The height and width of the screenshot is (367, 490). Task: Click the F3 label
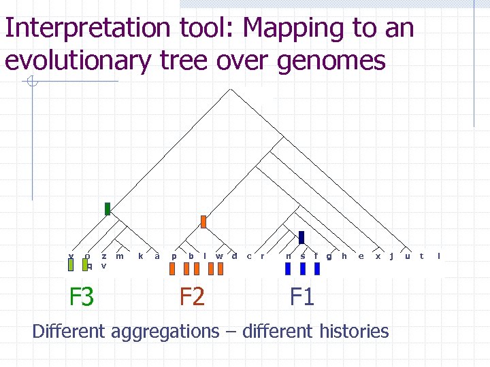point(81,297)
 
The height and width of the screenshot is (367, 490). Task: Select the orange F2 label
point(192,297)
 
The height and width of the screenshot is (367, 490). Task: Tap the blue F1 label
point(302,297)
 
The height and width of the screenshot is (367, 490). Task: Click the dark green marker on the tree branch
point(108,209)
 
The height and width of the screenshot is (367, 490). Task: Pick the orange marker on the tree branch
point(203,222)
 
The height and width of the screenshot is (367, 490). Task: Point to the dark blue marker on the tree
point(301,237)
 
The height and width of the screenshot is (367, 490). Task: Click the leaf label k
point(140,256)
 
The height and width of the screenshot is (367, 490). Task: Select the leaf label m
point(120,256)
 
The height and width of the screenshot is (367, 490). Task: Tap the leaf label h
point(344,256)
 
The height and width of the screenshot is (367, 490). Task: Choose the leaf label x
point(378,256)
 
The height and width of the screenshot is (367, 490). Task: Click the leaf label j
point(391,256)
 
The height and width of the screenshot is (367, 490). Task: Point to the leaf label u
point(407,256)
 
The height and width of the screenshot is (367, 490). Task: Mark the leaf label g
point(329,256)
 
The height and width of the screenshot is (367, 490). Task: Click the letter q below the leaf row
point(90,266)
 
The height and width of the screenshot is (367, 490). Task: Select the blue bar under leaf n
point(288,269)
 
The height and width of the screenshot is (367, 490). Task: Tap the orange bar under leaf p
point(172,269)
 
